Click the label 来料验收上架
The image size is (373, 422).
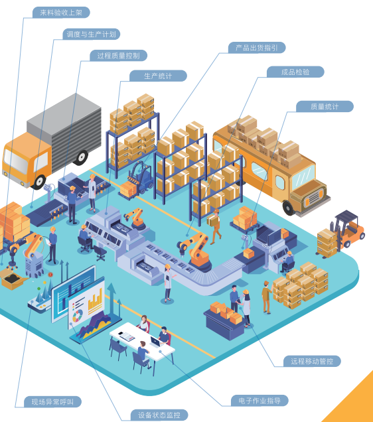coord(61,13)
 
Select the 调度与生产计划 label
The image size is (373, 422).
coord(91,34)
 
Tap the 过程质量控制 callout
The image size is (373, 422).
coord(118,56)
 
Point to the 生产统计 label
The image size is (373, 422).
coord(158,76)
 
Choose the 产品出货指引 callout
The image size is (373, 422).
coord(257,48)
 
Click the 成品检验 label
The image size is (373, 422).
coord(295,72)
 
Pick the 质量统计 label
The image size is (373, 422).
coord(325,106)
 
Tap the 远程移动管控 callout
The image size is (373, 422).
coord(312,361)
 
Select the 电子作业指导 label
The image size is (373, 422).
coord(260,401)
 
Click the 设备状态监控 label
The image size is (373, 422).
coord(159,415)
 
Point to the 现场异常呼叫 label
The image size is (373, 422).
coord(52,402)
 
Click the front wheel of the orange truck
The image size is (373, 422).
coord(39,182)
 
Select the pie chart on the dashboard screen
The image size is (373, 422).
coord(78,315)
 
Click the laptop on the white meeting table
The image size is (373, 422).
coord(155,342)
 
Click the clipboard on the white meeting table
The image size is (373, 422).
coord(127,336)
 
